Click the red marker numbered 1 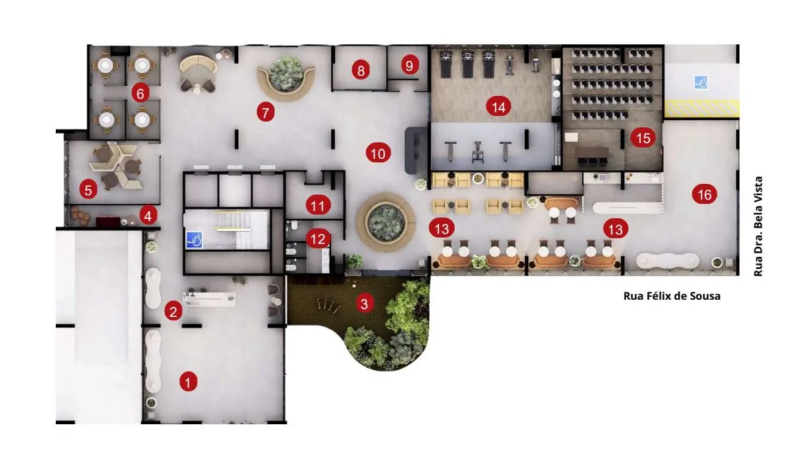[188, 382]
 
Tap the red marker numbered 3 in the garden [364, 304]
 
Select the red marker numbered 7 [265, 112]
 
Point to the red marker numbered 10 [378, 153]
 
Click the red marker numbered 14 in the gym [498, 107]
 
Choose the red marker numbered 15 [643, 137]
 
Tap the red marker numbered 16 [704, 195]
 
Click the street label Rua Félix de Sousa [672, 295]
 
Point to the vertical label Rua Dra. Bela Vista [758, 227]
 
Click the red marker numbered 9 [409, 65]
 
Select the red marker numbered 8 [361, 70]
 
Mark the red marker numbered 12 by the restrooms [318, 239]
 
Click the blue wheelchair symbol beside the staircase [195, 240]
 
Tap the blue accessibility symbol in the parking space [701, 82]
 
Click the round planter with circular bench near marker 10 [385, 222]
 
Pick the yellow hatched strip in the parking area [702, 108]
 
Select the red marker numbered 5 [88, 190]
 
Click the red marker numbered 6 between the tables [140, 93]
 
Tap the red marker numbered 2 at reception [173, 311]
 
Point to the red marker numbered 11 [318, 206]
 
